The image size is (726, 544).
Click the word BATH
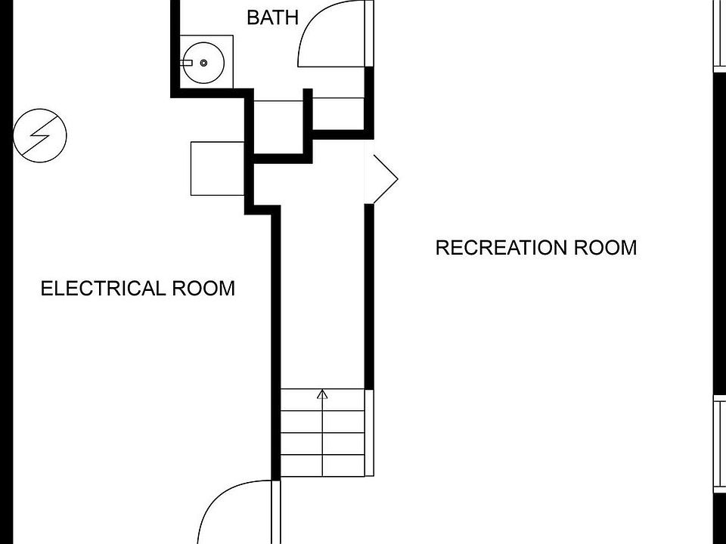click(272, 17)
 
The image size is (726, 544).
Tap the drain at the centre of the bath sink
click(203, 63)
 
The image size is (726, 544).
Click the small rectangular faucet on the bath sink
click(187, 63)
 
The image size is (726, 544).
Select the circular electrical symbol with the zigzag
click(40, 135)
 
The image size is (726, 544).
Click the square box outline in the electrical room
click(217, 168)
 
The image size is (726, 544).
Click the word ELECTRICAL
click(104, 289)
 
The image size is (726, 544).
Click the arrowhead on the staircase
click(323, 394)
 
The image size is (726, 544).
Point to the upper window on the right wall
click(719, 34)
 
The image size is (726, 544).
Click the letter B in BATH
click(253, 17)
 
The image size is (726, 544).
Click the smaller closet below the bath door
click(338, 113)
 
